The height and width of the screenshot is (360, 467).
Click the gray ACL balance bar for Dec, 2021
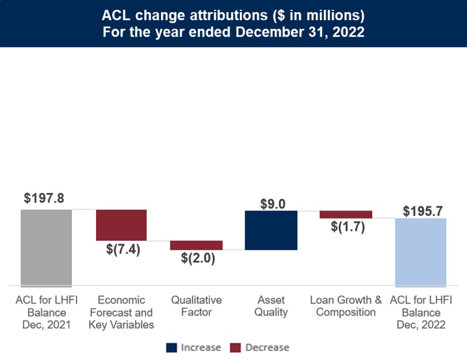46,248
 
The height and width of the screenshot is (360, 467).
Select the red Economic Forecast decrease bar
121,225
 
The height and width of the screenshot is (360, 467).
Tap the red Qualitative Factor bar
196,245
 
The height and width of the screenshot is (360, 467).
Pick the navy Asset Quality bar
271,230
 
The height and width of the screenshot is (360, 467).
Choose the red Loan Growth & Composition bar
345,214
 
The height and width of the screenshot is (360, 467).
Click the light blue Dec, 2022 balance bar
420,252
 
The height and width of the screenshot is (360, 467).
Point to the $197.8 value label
44,198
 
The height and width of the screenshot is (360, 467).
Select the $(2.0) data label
198,259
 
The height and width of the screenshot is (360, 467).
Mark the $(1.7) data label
347,227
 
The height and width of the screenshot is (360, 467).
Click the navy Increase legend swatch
172,348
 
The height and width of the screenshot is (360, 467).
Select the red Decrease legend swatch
236,348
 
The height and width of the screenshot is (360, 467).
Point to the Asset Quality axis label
271,306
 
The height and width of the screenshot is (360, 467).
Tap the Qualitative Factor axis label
196,306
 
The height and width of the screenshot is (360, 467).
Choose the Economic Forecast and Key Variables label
121,312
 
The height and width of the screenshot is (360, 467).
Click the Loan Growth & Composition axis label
346,306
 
